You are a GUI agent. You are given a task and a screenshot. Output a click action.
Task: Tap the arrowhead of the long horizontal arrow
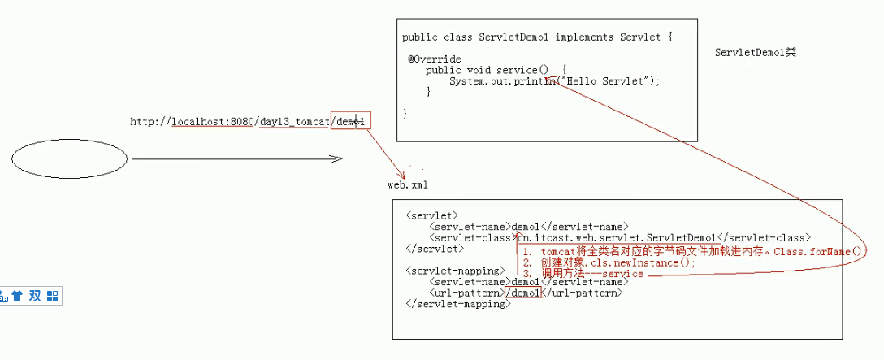coord(339,159)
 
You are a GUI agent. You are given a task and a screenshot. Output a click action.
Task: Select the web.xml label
coord(407,185)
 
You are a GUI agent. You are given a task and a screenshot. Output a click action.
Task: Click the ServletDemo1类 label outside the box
coord(755,53)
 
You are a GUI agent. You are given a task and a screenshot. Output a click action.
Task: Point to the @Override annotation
coord(435,59)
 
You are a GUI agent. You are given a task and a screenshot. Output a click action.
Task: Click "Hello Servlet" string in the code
coord(609,81)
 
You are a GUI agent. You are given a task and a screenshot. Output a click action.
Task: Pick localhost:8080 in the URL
coord(213,122)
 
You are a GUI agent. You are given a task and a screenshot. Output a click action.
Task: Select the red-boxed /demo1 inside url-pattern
coord(522,293)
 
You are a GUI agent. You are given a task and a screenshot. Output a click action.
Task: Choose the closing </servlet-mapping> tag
coord(458,304)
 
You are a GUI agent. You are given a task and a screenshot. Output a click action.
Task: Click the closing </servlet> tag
coord(434,249)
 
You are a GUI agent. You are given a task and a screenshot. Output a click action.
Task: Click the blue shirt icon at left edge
coord(16,296)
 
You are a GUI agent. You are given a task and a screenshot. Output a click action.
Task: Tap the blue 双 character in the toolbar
coord(34,296)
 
